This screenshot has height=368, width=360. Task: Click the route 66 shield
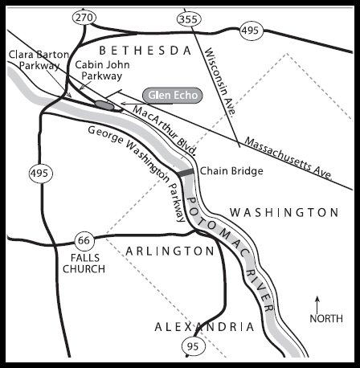83,239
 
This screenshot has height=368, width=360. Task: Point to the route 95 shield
191,346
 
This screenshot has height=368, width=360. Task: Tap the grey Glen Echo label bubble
170,94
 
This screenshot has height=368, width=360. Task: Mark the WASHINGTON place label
284,213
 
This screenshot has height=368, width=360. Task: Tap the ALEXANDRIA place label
205,326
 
